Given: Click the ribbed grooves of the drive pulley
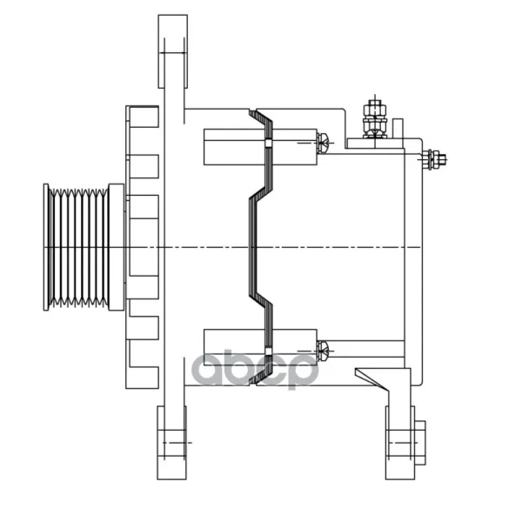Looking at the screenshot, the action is pos(78,247).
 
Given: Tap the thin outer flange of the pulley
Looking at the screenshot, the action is pos(46,247).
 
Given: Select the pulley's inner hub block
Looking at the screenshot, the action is pos(117,247).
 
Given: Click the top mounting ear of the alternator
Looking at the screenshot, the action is pos(173,51).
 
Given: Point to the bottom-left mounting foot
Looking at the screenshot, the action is pos(171,443).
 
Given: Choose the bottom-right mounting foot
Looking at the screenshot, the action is pos(400,443).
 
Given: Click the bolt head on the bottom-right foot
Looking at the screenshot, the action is pos(420,443).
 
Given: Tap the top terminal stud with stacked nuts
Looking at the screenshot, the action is pos(375,119).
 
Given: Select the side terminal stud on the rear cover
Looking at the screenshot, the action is pos(434,159).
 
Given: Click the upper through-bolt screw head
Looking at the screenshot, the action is pos(323,143).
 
